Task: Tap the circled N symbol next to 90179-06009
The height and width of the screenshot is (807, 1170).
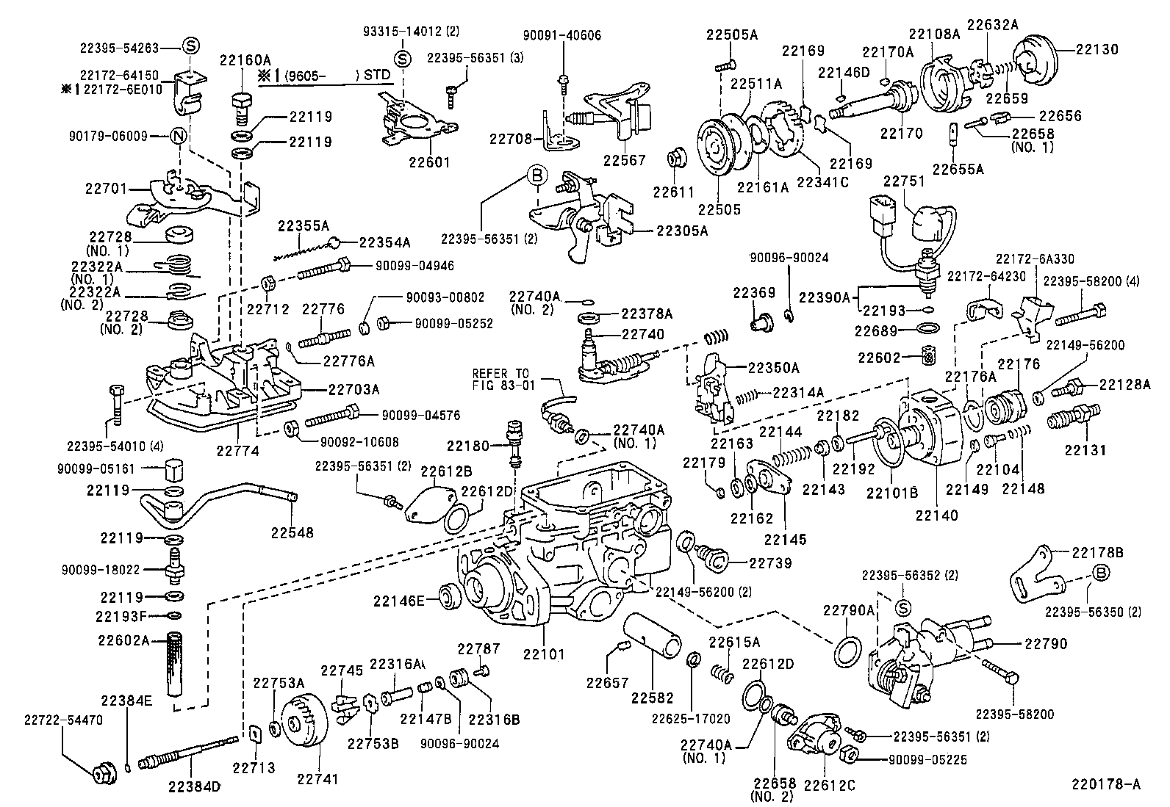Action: point(179,136)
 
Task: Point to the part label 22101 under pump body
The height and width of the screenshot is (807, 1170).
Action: point(545,652)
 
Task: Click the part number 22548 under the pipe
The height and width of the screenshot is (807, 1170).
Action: point(292,532)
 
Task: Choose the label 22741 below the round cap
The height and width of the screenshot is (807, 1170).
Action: point(317,778)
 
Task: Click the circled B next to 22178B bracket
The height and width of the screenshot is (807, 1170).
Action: point(1101,573)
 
